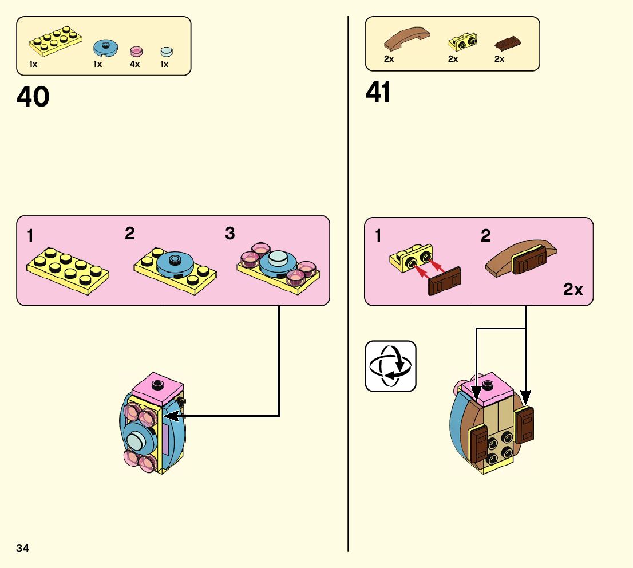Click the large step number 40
pos(33,97)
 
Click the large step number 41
pos(378,93)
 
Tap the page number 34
pos(23,548)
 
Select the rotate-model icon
pos(390,366)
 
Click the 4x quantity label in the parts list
pos(134,64)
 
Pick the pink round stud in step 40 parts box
pos(136,50)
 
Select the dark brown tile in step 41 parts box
pos(508,43)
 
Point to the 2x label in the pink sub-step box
pos(573,290)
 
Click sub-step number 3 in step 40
pos(230,234)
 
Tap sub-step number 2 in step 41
pos(486,236)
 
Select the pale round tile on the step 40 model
pos(137,441)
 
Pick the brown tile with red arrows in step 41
pos(445,282)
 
